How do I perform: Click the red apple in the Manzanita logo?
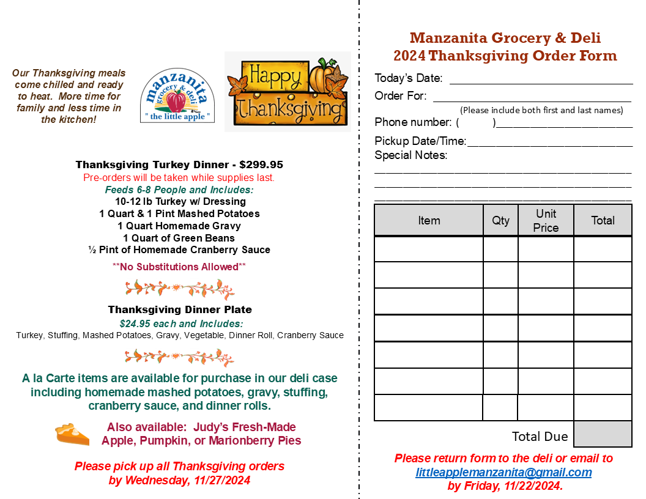(x=176, y=102)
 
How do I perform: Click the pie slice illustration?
(x=72, y=435)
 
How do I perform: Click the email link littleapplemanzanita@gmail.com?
(x=503, y=472)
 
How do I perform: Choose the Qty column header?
(x=500, y=220)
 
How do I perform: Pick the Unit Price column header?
(x=546, y=220)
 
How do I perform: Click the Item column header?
(x=429, y=220)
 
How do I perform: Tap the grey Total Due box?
(x=603, y=434)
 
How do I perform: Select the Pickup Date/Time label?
(x=420, y=141)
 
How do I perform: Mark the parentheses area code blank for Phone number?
(x=476, y=122)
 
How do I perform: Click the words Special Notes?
(x=410, y=155)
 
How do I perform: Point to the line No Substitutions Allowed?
(x=179, y=267)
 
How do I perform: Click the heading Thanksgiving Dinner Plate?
(x=180, y=309)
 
